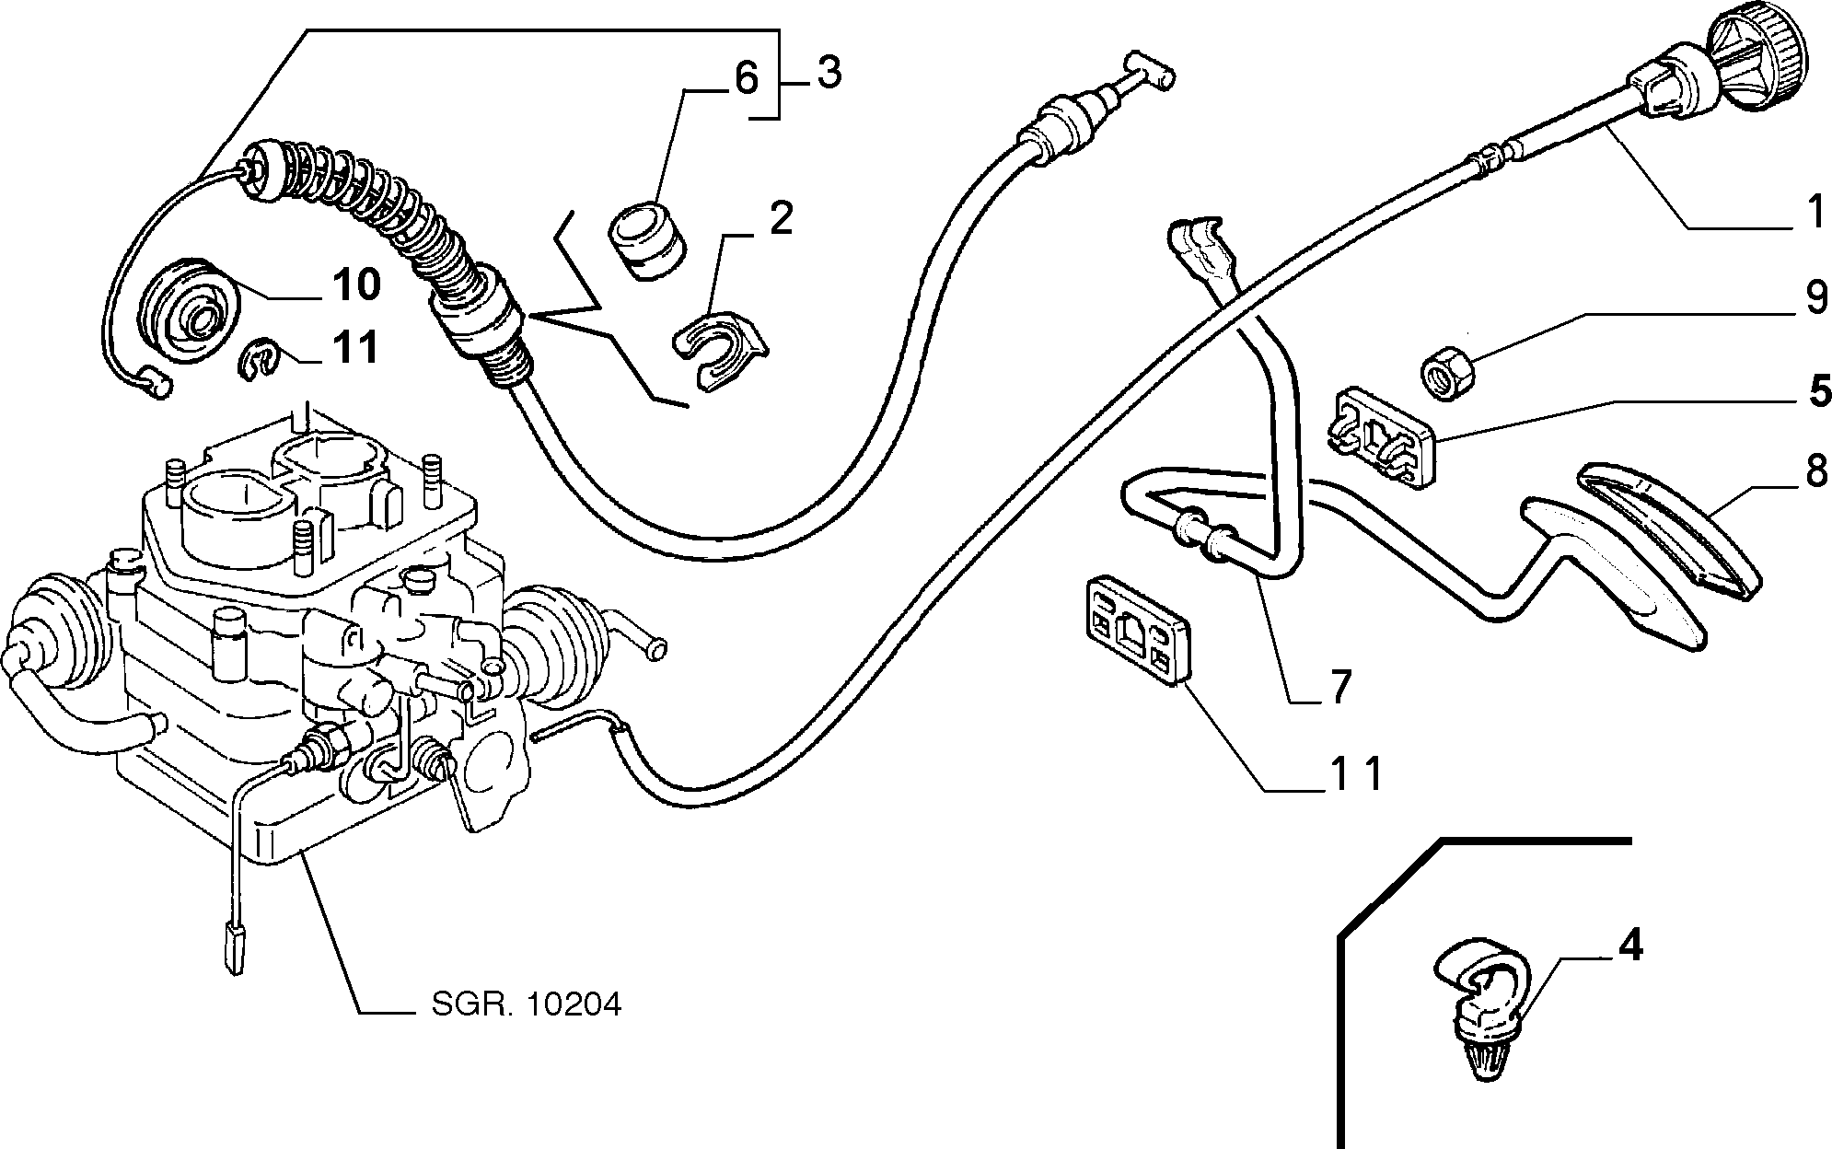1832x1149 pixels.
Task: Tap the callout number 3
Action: pyautogui.click(x=829, y=72)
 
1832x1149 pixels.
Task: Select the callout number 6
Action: pyautogui.click(x=746, y=79)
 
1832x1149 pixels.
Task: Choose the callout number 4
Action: pyautogui.click(x=1629, y=948)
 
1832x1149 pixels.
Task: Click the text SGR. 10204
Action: pyautogui.click(x=527, y=1004)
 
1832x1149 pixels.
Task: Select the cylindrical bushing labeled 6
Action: pyautogui.click(x=648, y=237)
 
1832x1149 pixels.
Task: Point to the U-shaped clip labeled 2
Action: pyautogui.click(x=721, y=353)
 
